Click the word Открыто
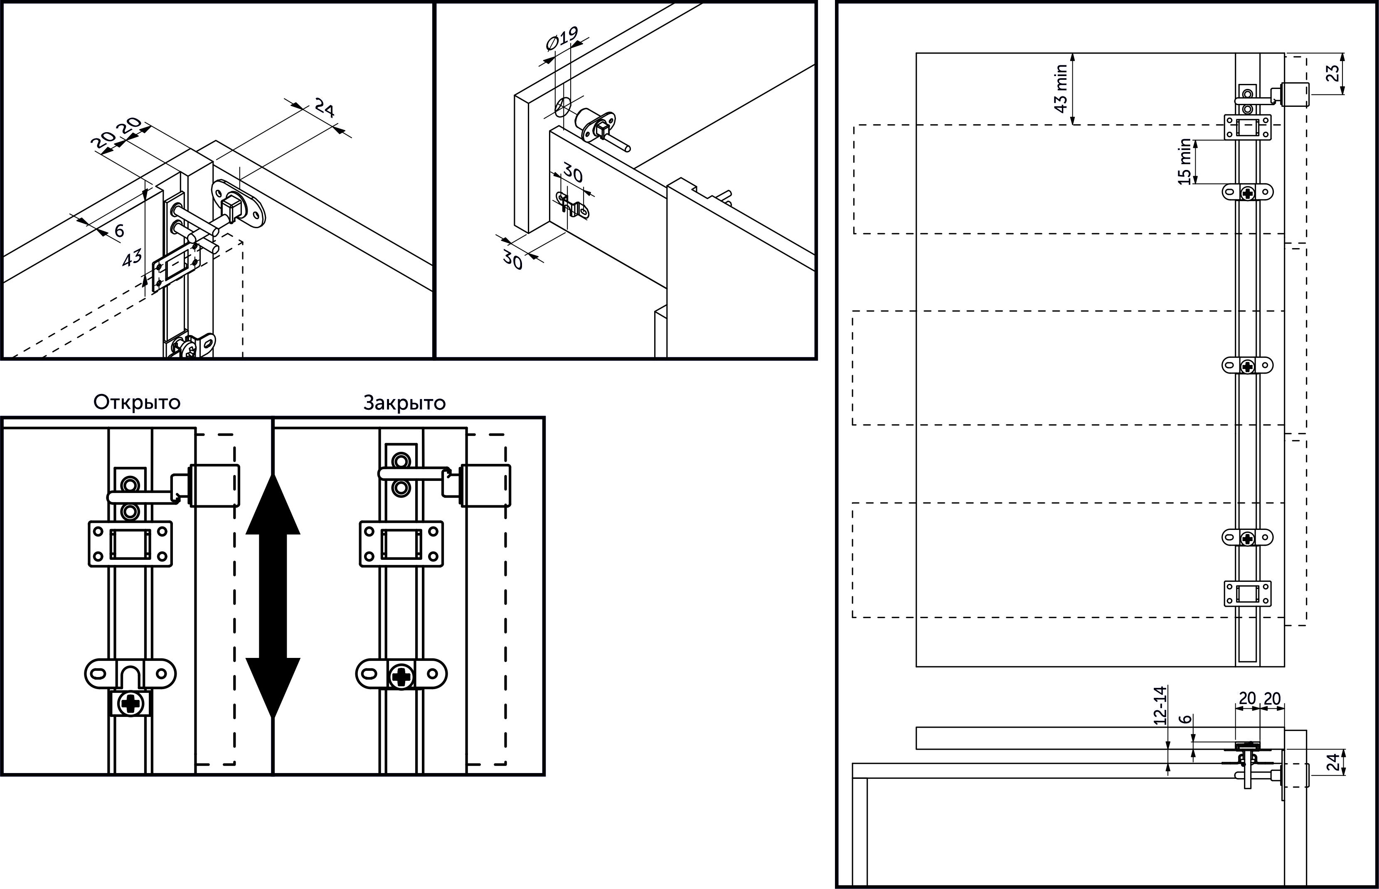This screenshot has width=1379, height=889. [x=137, y=402]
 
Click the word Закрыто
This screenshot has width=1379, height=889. [x=404, y=402]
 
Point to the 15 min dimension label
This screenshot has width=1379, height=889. [x=1185, y=162]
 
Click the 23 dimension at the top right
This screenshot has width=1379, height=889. [x=1332, y=73]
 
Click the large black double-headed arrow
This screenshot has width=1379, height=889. [x=273, y=595]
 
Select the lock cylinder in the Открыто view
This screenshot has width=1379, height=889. [x=214, y=485]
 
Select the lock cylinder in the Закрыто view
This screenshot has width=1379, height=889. [x=485, y=485]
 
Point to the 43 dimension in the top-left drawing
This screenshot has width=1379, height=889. [x=132, y=257]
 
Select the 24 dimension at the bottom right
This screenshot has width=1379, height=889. [x=1332, y=763]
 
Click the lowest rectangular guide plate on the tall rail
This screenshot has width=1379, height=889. [x=1247, y=594]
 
